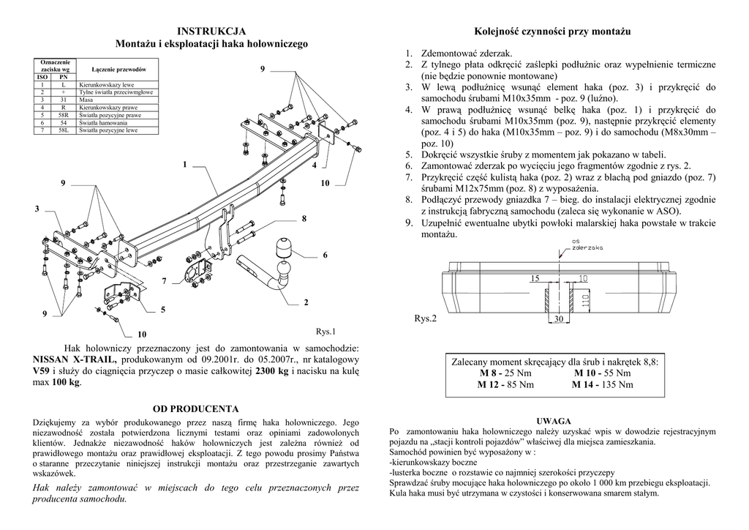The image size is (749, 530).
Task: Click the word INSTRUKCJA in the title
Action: point(212,31)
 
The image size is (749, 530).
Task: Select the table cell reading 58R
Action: point(64,115)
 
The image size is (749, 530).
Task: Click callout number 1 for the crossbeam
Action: point(185,164)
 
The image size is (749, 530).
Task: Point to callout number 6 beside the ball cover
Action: point(325,255)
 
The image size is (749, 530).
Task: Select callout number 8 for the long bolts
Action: point(304,219)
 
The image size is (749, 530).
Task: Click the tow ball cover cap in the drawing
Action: point(284,247)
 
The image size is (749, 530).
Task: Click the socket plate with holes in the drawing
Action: point(197,275)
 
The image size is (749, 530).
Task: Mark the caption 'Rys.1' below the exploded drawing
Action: point(325,331)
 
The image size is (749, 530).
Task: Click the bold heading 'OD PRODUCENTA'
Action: point(195,408)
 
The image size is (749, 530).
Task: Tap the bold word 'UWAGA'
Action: point(554,422)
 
